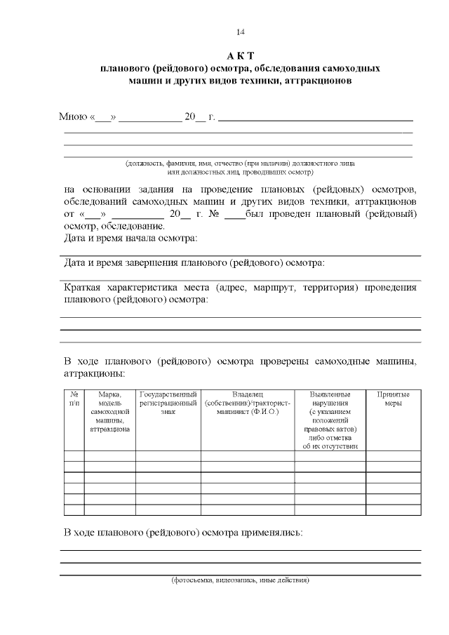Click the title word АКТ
point(240,56)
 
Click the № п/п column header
point(74,399)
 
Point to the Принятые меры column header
point(393,399)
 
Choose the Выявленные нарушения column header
point(330,420)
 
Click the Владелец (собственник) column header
point(248,403)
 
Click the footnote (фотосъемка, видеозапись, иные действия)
point(241,580)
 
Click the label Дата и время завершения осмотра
point(194,263)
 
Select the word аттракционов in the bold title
point(311,81)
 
